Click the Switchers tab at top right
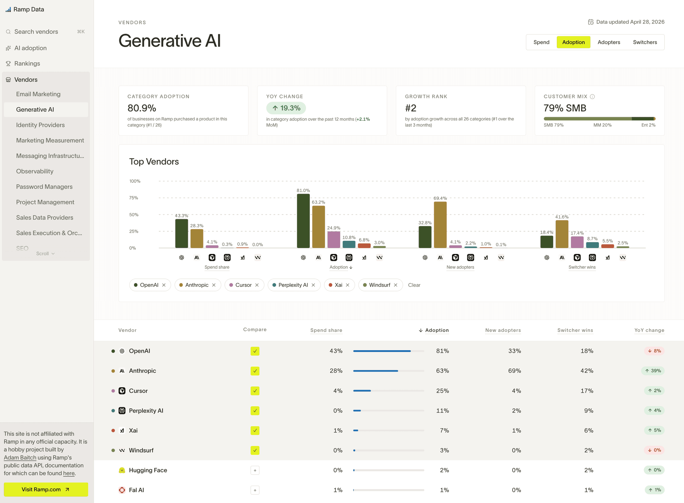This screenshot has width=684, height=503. [645, 42]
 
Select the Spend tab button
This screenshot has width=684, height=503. [541, 42]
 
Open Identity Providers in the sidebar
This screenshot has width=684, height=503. [40, 125]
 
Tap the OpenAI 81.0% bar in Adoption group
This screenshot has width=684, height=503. [303, 221]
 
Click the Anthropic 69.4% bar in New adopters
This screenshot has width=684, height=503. [440, 225]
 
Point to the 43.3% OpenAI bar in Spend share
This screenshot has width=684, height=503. [181, 233]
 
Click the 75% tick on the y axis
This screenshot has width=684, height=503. [134, 198]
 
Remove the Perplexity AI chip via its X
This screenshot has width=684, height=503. [313, 285]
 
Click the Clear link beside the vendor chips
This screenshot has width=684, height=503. [414, 285]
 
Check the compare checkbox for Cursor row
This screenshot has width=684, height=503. [255, 391]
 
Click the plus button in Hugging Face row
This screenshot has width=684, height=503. [255, 470]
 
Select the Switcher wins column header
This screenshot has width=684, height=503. [575, 330]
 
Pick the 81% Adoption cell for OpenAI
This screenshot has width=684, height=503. [442, 351]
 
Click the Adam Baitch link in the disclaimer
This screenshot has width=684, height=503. [20, 457]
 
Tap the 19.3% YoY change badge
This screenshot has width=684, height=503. [286, 108]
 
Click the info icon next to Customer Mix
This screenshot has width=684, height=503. [592, 97]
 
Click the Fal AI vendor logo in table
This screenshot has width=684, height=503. [122, 490]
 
